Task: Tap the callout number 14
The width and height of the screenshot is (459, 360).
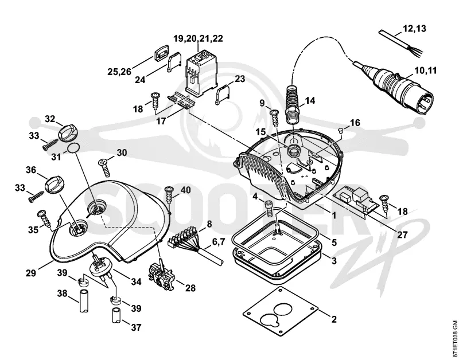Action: tap(310, 100)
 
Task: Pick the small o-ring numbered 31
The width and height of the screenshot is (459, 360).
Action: tap(73, 148)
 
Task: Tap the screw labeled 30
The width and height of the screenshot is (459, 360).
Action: tap(105, 167)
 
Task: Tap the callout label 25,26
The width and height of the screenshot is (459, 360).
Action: tap(119, 71)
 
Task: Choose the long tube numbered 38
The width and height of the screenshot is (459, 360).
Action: tap(83, 300)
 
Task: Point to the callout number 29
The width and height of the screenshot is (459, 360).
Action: tap(31, 273)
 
